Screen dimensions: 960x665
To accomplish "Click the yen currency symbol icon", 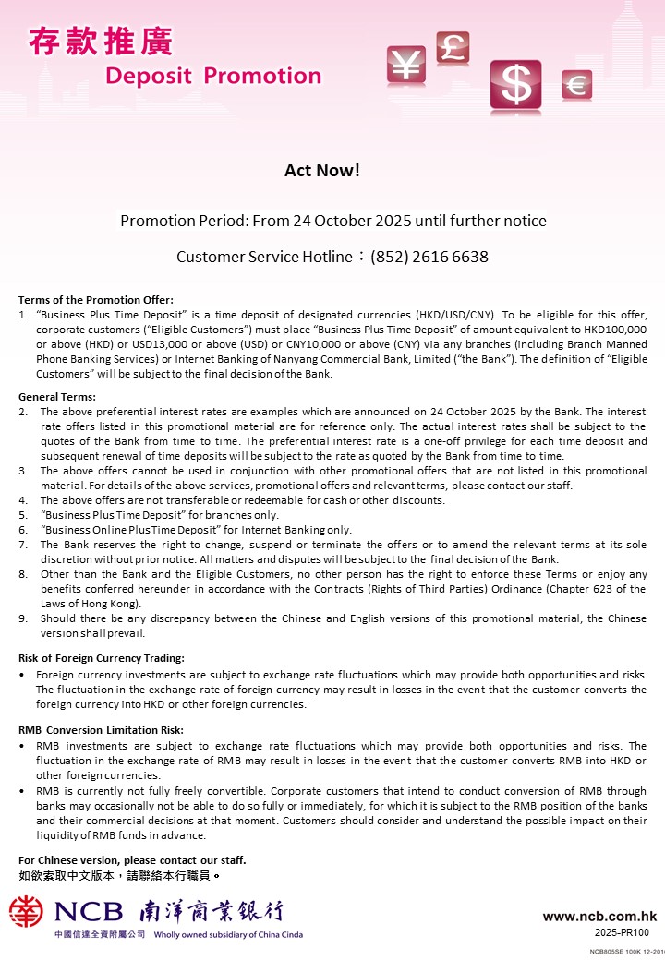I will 405,65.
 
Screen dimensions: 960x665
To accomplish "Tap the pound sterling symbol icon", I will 453,47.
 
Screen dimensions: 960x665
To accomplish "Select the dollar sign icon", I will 515,85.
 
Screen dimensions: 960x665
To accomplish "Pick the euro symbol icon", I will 576,86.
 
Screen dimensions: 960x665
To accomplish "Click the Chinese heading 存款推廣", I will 101,42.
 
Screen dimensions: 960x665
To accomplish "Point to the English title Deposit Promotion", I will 213,76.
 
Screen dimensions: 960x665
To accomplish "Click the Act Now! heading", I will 321,171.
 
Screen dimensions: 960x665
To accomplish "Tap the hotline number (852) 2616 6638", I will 429,257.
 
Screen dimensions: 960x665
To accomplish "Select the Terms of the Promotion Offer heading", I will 96,300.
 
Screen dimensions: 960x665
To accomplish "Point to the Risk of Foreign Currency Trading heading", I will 102,658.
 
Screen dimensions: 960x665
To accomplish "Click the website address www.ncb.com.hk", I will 599,917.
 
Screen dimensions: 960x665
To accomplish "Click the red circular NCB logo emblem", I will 26,912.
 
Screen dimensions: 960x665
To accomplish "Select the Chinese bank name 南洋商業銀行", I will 211,912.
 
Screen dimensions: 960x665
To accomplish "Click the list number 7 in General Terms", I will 22,545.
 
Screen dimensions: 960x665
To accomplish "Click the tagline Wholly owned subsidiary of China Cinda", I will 226,934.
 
